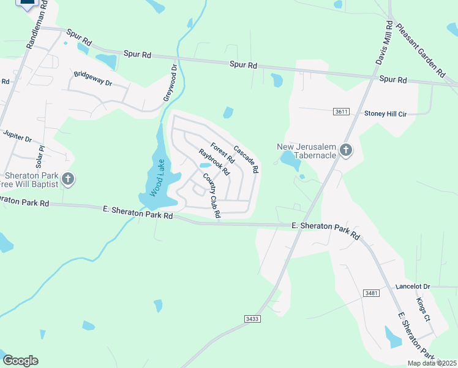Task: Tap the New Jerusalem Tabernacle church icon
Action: click(346, 150)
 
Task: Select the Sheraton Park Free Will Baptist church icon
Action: click(68, 179)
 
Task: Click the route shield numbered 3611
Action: click(342, 112)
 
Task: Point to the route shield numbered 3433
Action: click(252, 319)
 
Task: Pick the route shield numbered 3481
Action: click(370, 293)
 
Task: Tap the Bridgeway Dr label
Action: click(93, 79)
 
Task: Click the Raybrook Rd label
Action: click(214, 161)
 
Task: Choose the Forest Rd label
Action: click(222, 153)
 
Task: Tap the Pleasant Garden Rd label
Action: click(420, 50)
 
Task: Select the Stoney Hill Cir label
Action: click(386, 113)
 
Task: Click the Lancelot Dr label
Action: click(413, 286)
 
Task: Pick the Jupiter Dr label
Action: click(17, 136)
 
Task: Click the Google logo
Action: click(20, 361)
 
